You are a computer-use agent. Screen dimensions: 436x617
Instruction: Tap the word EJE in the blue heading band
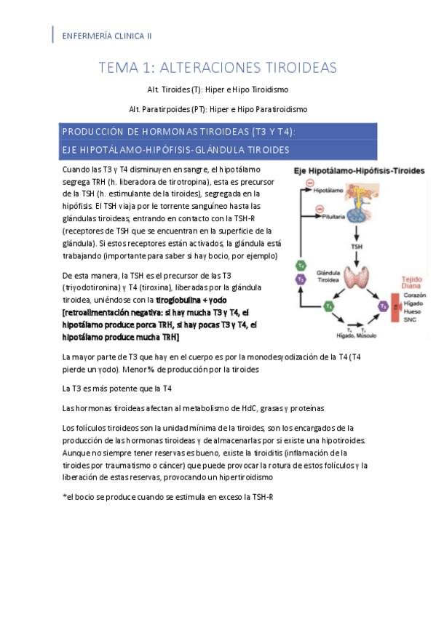tap(72, 150)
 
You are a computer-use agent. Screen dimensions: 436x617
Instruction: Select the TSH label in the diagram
tap(357, 246)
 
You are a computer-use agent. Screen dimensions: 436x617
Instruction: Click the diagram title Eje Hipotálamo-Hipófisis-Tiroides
tap(358, 170)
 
